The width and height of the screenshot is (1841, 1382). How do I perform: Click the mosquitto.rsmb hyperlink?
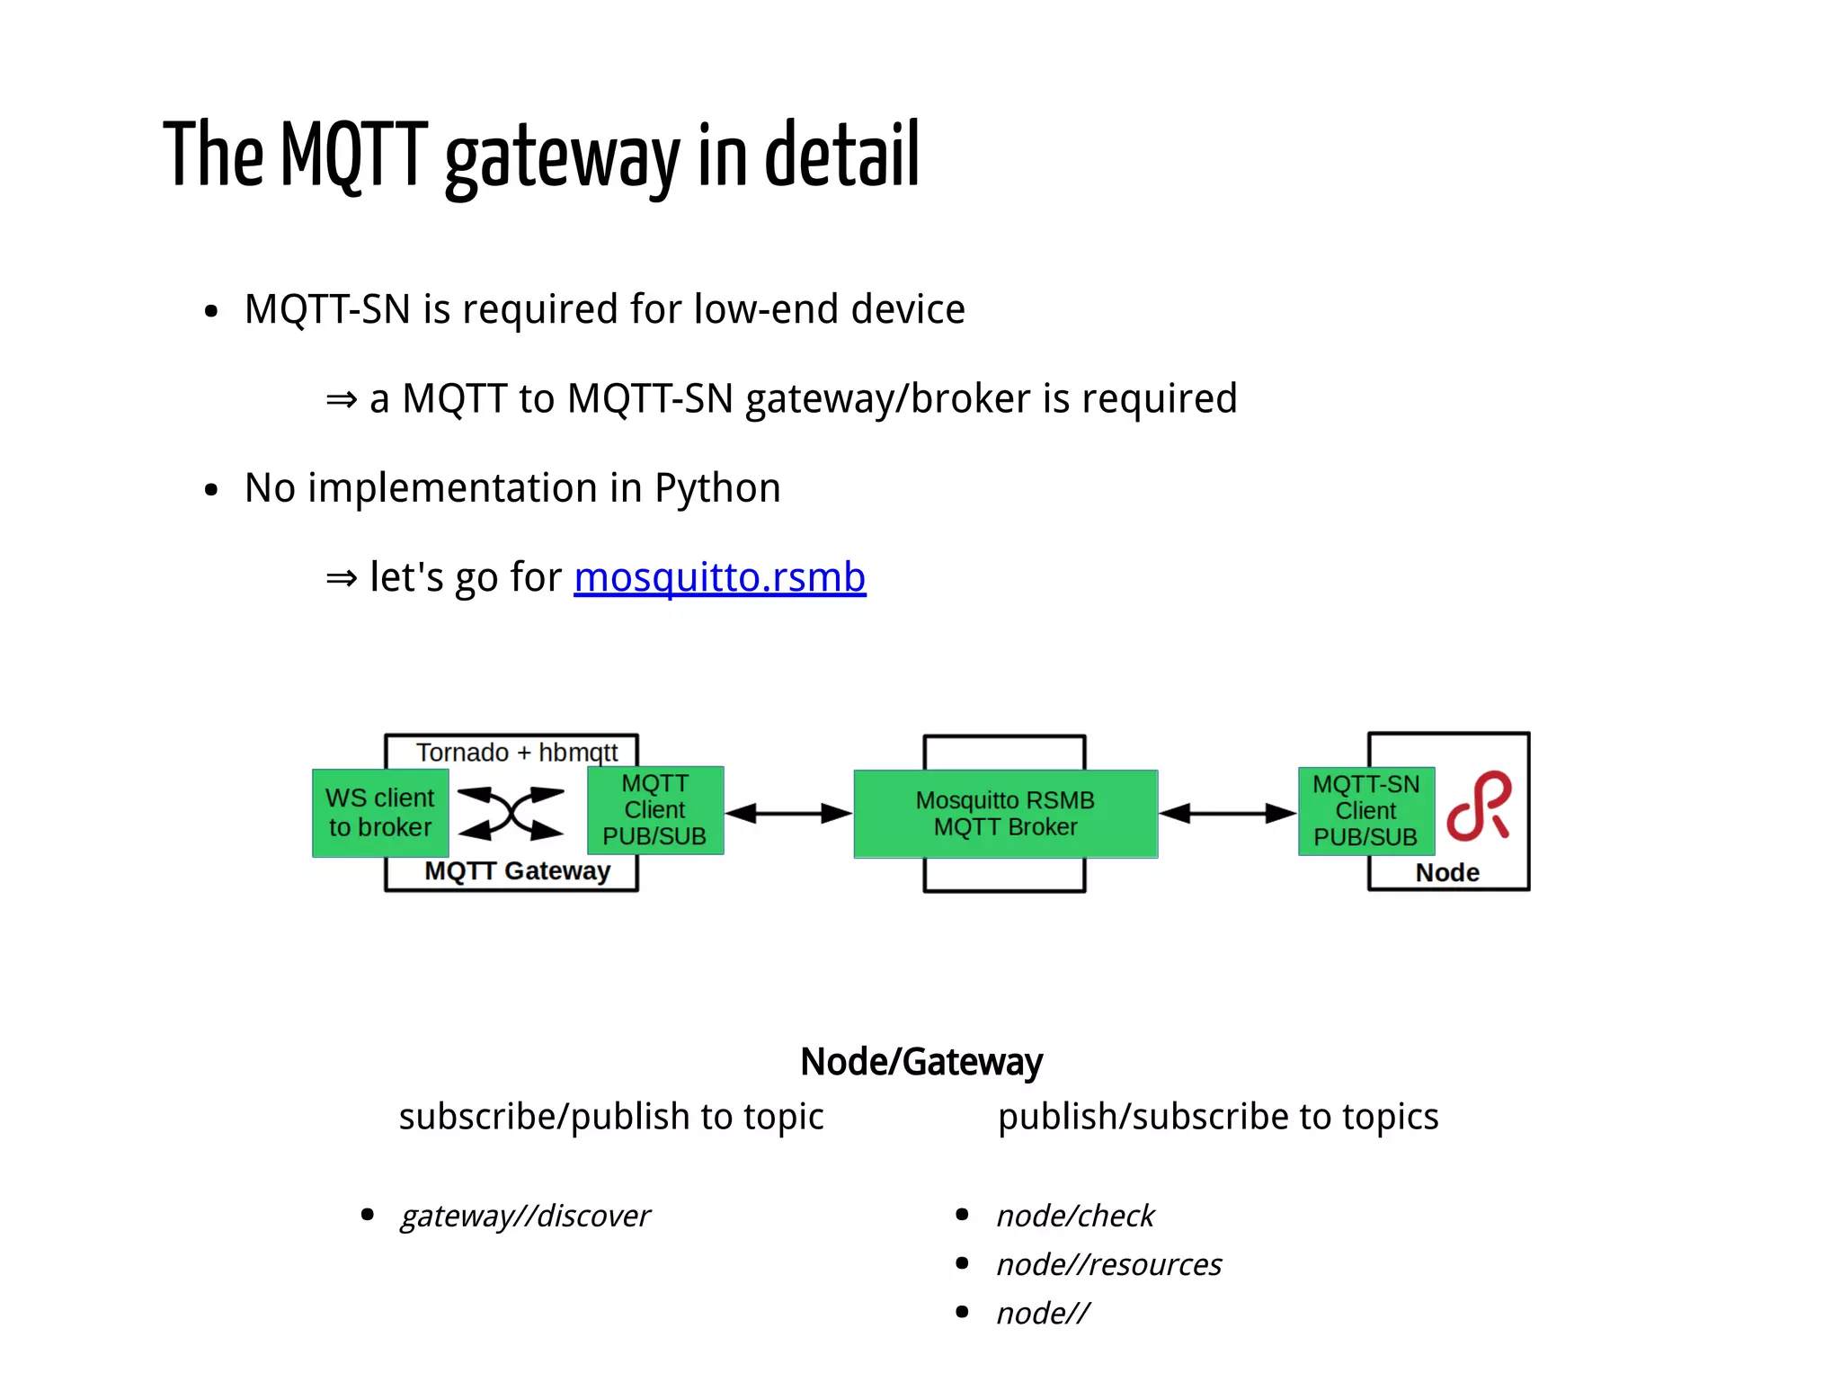click(719, 577)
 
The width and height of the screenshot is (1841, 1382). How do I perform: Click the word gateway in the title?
click(562, 157)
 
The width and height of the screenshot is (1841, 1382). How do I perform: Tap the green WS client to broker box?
click(379, 813)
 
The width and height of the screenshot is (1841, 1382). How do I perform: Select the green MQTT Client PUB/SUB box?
click(654, 810)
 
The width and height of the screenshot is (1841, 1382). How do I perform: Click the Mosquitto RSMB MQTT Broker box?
click(1005, 814)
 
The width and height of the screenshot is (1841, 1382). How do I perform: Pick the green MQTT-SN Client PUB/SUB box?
click(1365, 811)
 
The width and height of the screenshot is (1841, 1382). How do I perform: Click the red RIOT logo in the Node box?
click(1480, 807)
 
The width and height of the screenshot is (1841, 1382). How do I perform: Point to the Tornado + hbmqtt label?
click(517, 752)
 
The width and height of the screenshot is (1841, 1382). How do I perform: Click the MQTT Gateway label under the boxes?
click(517, 871)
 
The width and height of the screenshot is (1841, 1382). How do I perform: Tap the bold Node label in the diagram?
click(1446, 872)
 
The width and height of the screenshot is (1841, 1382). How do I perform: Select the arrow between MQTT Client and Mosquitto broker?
click(788, 814)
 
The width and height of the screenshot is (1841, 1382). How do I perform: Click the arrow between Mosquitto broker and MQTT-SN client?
click(1227, 814)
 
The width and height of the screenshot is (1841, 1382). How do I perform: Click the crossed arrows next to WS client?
click(511, 814)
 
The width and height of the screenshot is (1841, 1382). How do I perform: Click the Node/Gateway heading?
click(920, 1062)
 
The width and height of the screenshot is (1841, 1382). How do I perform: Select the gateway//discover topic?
click(525, 1216)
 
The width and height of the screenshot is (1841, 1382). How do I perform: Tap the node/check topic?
click(1074, 1216)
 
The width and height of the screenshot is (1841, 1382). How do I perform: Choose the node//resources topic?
click(1108, 1265)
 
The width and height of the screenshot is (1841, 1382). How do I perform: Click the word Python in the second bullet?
click(716, 488)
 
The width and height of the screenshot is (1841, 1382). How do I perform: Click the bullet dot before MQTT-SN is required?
click(211, 312)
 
